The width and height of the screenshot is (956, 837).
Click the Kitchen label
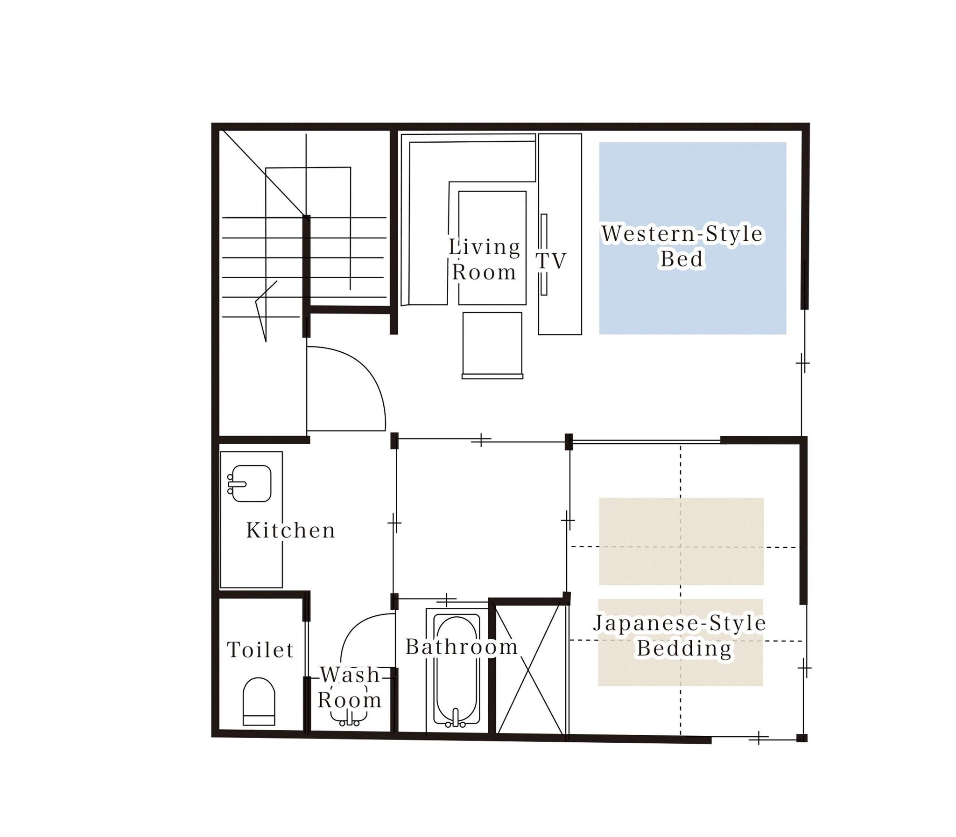[x=291, y=530]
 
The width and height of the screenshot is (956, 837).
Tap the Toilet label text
[x=260, y=650]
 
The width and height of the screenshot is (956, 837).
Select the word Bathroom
[x=462, y=647]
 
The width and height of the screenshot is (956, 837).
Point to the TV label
[x=551, y=261]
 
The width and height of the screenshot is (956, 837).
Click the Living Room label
[x=485, y=259]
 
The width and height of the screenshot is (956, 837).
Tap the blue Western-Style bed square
[x=692, y=238]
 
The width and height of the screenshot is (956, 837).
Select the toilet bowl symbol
[x=259, y=701]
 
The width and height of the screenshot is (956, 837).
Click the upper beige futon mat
[x=681, y=541]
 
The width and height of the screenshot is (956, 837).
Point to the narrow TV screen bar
[x=544, y=255]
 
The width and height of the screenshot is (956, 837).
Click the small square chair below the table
[x=492, y=345]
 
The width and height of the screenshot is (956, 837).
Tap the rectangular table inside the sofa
[x=492, y=248]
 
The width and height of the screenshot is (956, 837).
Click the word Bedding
[x=684, y=649]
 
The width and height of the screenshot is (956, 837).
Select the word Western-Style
[x=682, y=234]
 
